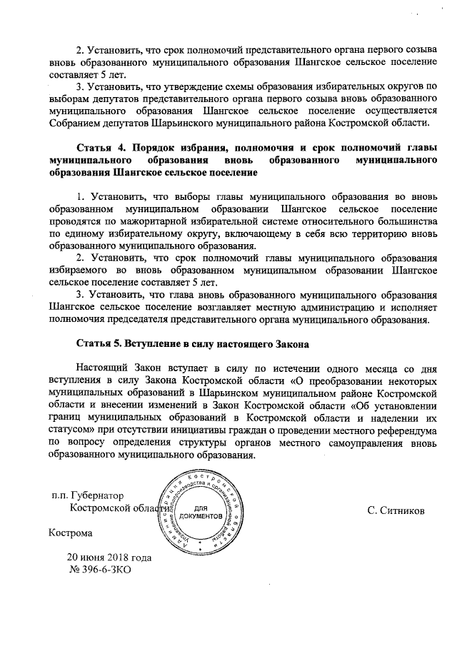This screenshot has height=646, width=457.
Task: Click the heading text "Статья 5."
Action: coord(101,344)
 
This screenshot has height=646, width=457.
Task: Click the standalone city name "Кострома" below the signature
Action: coord(70,533)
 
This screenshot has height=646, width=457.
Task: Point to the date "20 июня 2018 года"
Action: coord(109,557)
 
